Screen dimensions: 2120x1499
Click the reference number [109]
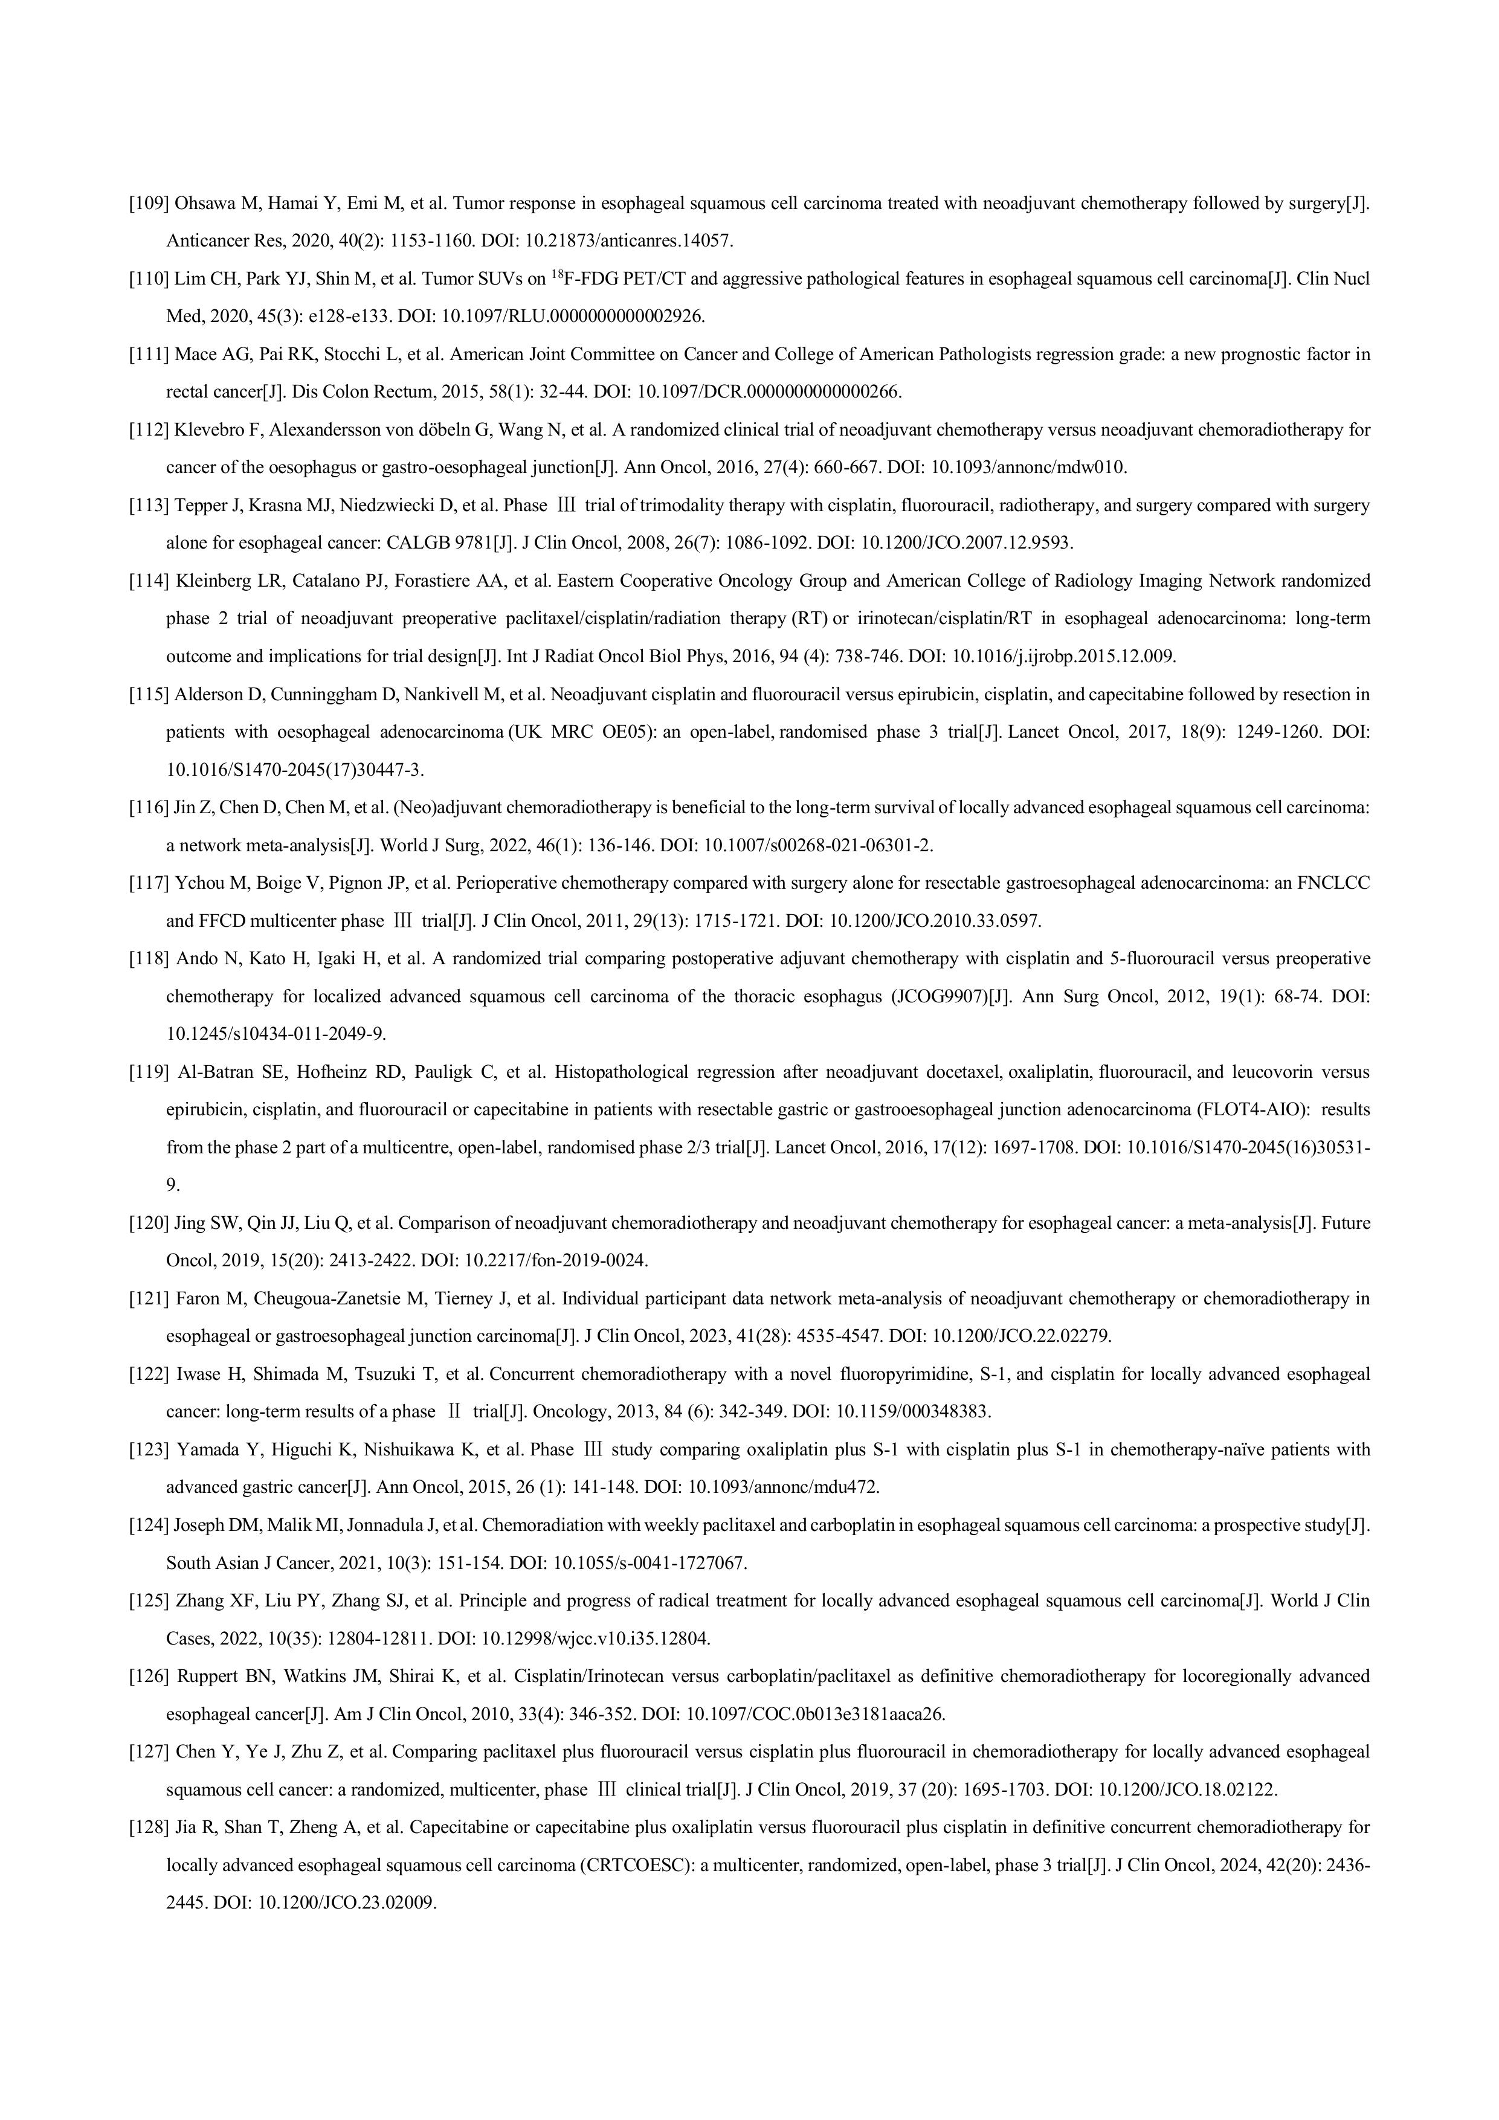click(148, 203)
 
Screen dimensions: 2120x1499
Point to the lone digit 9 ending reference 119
click(172, 1185)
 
